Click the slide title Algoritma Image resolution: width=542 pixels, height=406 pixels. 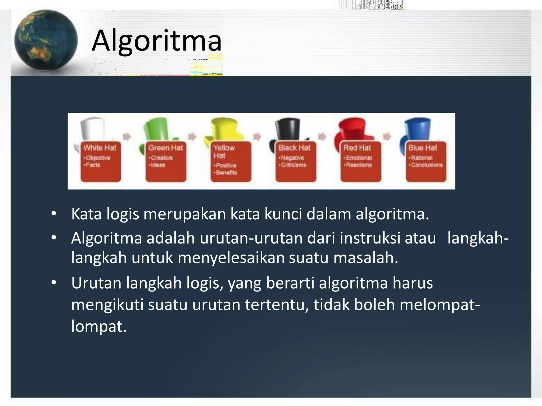coord(156,41)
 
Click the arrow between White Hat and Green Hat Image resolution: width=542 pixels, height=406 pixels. coord(127,136)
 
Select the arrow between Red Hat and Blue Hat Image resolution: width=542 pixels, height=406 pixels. coord(387,136)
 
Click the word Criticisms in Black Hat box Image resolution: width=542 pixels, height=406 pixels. coord(293,165)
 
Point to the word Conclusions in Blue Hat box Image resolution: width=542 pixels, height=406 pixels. coord(427,165)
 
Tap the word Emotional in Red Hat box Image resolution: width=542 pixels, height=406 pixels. coord(359,158)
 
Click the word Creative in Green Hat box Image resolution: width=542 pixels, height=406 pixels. coord(162,158)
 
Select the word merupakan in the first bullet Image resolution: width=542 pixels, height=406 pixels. coord(184,214)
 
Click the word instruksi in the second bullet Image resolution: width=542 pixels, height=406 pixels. coord(370,238)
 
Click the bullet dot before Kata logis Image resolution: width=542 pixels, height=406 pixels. coord(54,214)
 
